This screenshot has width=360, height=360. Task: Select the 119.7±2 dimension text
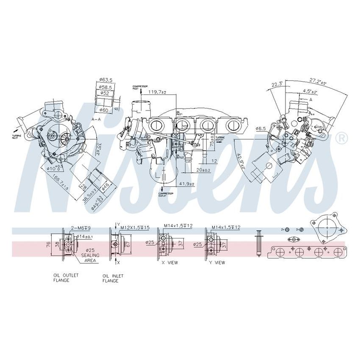pos(157,92)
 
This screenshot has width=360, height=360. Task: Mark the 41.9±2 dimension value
pos(186,185)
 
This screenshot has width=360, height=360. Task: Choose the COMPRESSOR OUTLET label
pos(162,194)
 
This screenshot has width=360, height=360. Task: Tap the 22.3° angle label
pos(276,85)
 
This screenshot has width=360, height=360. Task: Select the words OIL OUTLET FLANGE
pos(66,277)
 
